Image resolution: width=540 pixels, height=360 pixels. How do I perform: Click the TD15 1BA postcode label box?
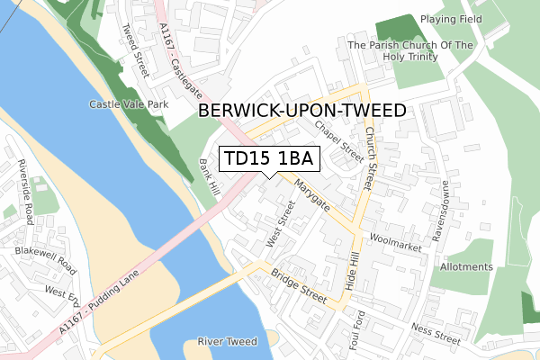coord(268,159)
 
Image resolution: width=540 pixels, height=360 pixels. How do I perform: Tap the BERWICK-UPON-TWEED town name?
coord(301,111)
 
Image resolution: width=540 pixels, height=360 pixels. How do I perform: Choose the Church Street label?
coord(370,157)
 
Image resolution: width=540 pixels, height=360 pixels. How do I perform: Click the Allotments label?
coord(466,267)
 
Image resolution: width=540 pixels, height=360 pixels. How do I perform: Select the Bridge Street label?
coord(301,289)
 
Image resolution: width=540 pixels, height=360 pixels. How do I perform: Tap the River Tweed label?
coord(227,342)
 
